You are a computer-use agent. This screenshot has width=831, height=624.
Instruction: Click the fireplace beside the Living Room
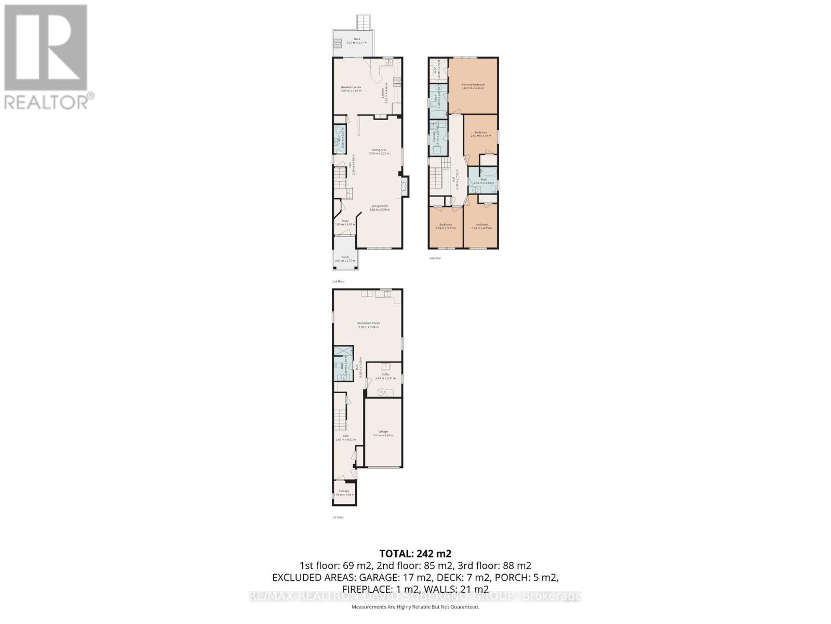coord(404,187)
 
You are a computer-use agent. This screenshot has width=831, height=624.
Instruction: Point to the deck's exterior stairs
coord(363,23)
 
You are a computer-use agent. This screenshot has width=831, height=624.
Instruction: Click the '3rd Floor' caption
coord(435,258)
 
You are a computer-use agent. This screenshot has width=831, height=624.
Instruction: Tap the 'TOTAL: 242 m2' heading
coord(415,553)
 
